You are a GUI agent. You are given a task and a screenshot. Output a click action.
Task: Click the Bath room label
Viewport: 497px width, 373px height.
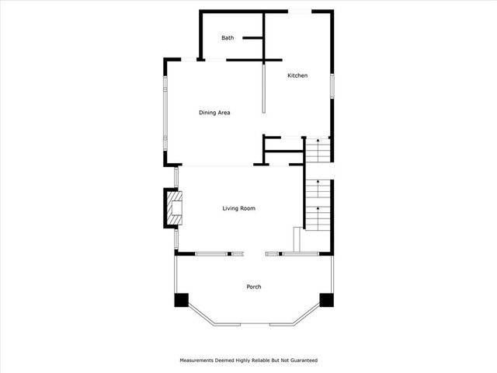coord(228,37)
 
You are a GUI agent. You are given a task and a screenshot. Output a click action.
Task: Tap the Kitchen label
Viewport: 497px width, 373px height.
coord(297,75)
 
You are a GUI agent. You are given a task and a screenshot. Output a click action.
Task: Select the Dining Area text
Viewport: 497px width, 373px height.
coord(214,113)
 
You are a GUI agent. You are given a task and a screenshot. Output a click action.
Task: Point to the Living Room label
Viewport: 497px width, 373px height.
coord(238,208)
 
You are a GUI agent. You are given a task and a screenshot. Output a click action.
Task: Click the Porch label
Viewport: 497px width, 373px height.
coord(254,287)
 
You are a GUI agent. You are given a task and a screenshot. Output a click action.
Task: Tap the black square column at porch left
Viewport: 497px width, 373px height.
coord(182,299)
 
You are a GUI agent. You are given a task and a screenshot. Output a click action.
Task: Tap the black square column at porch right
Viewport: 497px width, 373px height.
coord(327,299)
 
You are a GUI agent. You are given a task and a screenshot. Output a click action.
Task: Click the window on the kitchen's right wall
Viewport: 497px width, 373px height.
coord(332,85)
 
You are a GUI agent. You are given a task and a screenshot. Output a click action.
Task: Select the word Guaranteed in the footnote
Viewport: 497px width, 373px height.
coord(302,361)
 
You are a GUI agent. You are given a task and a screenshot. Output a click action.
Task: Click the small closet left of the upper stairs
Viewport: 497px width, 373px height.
coord(283,144)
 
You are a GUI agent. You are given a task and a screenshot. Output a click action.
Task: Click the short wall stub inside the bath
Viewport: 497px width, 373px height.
coord(252,37)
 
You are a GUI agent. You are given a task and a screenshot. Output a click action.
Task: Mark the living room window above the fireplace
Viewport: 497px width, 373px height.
coord(176,177)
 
